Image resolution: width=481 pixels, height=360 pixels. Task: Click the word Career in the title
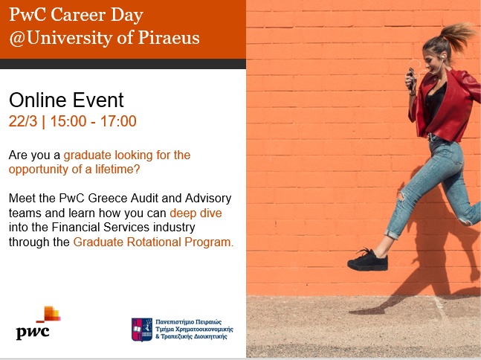[x=78, y=15]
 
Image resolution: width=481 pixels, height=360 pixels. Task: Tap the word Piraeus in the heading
[x=169, y=37]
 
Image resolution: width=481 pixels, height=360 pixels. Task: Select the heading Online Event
[x=66, y=100]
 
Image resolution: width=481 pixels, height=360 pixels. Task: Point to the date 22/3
[x=23, y=121]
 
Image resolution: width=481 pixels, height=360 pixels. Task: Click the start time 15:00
[x=68, y=121]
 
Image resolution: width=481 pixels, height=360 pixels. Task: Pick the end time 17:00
[x=118, y=121]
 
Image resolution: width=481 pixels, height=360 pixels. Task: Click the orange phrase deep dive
[x=196, y=213]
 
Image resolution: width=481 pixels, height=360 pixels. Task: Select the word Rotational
[x=154, y=242]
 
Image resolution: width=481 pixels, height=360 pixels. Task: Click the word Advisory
[x=208, y=199]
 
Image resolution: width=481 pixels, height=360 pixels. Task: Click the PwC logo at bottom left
[x=39, y=323]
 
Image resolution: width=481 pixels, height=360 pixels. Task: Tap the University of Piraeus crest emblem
[x=142, y=330]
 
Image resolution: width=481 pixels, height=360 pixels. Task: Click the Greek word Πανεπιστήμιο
[x=175, y=322]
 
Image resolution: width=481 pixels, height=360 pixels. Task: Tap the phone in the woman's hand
[x=410, y=78]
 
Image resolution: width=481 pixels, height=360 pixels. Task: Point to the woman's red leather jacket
[x=446, y=104]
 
